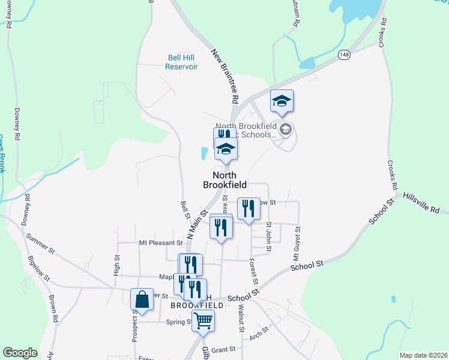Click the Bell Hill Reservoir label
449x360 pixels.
pyautogui.click(x=181, y=62)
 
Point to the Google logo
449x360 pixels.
pyautogui.click(x=20, y=353)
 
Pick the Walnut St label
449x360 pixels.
pyautogui.click(x=241, y=318)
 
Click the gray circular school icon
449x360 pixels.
pyautogui.click(x=286, y=128)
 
